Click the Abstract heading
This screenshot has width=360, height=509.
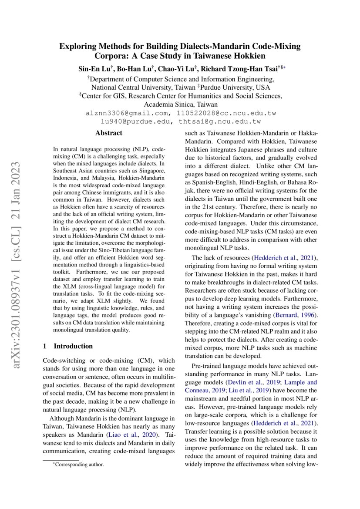tap(109, 133)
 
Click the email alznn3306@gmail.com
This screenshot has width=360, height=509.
tap(127, 113)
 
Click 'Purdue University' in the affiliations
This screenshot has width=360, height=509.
tap(235, 87)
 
